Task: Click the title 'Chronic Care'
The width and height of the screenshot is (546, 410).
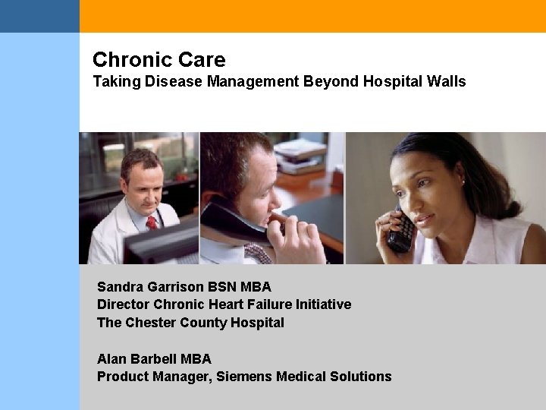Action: [x=158, y=59]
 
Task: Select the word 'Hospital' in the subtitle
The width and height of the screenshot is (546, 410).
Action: [x=392, y=80]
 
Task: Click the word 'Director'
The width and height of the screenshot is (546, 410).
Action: [x=123, y=304]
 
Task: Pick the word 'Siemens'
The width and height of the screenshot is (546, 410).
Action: [x=244, y=377]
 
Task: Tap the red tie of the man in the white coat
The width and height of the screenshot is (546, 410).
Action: [x=152, y=222]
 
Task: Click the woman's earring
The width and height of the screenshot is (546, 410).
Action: [x=463, y=183]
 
